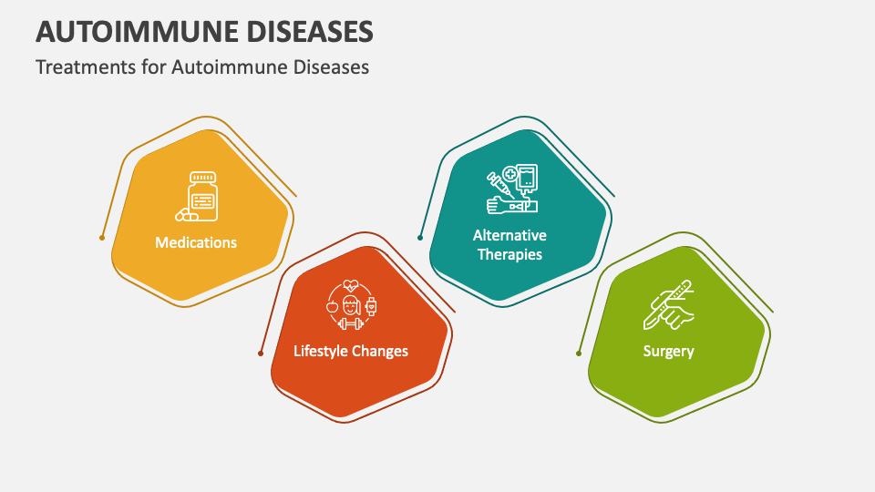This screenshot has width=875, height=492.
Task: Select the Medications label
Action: click(196, 242)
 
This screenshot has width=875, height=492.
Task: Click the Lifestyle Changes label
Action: click(351, 351)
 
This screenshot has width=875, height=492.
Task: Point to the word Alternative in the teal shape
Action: click(510, 236)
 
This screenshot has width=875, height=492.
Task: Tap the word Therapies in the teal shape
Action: click(510, 254)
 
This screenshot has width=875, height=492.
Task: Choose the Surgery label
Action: click(668, 351)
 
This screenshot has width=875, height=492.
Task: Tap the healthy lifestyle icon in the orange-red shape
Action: click(351, 303)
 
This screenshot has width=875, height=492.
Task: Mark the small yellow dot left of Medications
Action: click(102, 238)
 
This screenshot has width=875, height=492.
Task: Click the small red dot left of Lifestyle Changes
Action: click(261, 354)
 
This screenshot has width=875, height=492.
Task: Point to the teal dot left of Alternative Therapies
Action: click(420, 238)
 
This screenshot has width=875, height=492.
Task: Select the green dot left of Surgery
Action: click(579, 354)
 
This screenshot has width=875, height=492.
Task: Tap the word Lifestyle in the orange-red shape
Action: click(320, 351)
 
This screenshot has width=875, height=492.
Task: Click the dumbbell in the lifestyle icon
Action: click(351, 323)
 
